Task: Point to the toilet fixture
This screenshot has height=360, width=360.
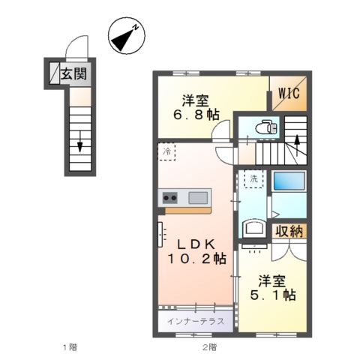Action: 264,128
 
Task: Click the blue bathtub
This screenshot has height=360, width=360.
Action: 288,182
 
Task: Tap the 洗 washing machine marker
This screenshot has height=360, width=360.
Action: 252,181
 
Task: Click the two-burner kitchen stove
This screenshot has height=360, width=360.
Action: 169,198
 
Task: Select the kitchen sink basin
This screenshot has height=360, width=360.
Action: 198,198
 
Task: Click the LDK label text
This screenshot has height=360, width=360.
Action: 196,244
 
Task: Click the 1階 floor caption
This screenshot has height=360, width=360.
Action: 69,346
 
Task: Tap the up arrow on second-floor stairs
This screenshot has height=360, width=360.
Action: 297,139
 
